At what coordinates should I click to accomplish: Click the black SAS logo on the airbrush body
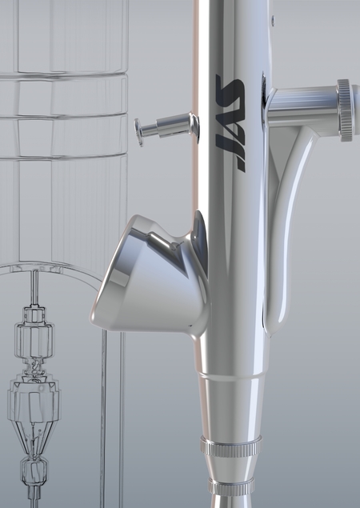click(230, 123)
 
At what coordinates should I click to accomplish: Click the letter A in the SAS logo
click(230, 124)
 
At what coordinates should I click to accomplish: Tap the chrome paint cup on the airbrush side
click(149, 275)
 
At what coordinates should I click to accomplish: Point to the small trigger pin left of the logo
click(167, 129)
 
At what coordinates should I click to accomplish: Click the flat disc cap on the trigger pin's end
click(138, 132)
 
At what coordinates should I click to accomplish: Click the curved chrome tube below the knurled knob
click(286, 226)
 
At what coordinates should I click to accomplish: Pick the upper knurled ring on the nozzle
click(231, 446)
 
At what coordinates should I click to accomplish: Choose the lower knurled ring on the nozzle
click(231, 486)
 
